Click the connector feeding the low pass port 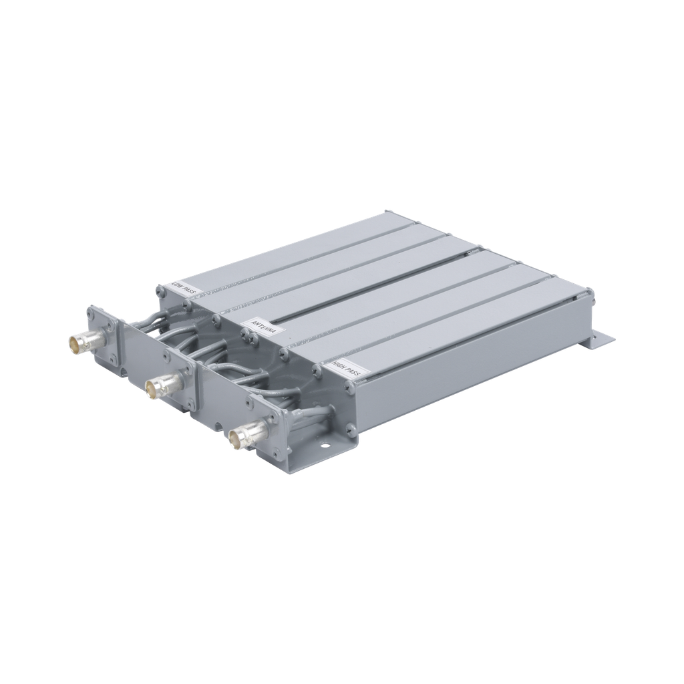coord(81,343)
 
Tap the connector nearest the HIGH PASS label coord(240,438)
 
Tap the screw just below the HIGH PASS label coord(349,387)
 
